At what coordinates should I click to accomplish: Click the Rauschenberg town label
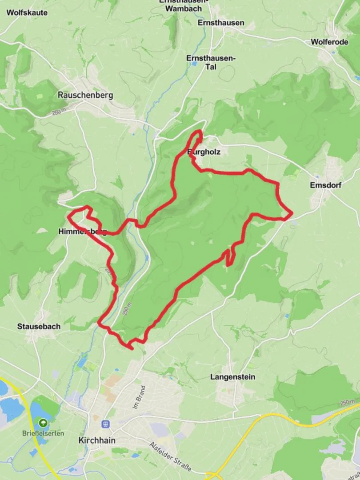(85, 95)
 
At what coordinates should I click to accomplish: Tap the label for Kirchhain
(96, 440)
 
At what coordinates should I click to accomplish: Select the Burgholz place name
(204, 152)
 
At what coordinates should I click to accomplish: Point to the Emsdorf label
(326, 185)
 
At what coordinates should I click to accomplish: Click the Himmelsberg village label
(82, 232)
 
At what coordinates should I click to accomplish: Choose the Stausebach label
(39, 326)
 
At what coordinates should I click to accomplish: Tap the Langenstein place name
(233, 377)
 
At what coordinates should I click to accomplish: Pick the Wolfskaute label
(27, 13)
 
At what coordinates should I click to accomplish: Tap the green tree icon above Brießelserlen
(43, 422)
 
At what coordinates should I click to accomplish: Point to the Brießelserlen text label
(43, 433)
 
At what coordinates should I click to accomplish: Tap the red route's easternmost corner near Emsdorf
(292, 214)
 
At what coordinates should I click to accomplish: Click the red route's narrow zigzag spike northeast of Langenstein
(229, 257)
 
